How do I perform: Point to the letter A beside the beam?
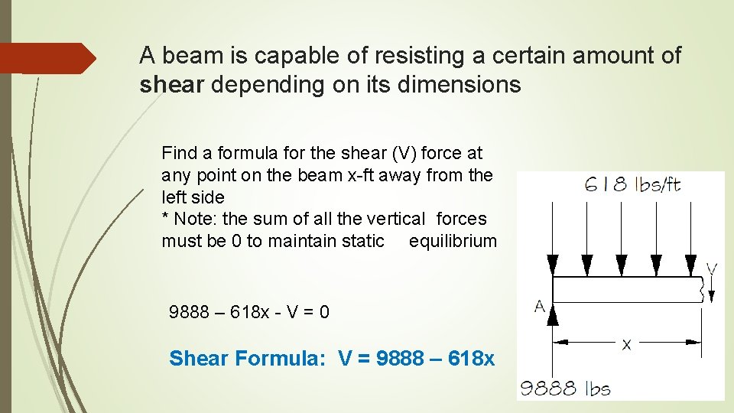[539, 307]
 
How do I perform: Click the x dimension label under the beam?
[627, 345]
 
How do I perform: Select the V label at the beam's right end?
[711, 268]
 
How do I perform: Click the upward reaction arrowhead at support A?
[553, 313]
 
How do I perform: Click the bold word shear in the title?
[172, 85]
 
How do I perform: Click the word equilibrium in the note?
[453, 242]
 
